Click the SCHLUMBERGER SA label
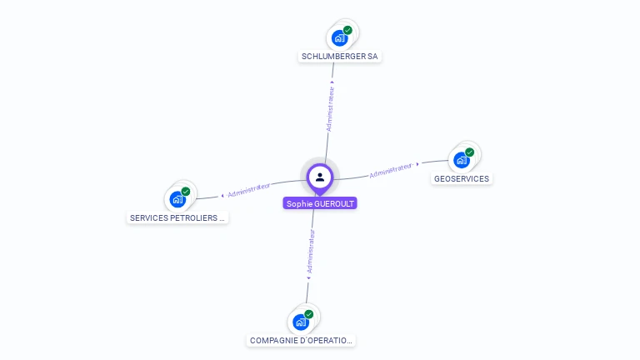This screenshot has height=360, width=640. click(x=339, y=57)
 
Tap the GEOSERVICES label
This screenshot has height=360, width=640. click(x=462, y=178)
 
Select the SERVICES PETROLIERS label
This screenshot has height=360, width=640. click(x=178, y=217)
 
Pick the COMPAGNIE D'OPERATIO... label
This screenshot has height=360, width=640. click(x=302, y=341)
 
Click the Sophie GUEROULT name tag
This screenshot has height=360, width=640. click(x=320, y=203)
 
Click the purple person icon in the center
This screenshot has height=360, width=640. click(x=320, y=177)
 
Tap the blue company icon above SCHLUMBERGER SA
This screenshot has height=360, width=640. click(x=338, y=37)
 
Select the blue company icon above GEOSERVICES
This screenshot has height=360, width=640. click(x=461, y=159)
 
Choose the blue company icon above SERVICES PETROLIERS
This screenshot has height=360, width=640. click(x=177, y=199)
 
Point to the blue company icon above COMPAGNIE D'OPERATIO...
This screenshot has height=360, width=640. click(x=300, y=322)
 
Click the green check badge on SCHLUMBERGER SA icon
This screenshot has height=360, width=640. click(x=347, y=30)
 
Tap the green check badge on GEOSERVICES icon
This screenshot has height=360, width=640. click(x=470, y=152)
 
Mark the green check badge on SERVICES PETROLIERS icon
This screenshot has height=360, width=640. click(x=186, y=192)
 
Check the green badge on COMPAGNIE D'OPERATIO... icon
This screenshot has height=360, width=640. click(x=309, y=314)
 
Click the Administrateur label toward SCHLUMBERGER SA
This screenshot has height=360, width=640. click(x=330, y=108)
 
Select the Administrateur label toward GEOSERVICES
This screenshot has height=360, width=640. click(x=391, y=170)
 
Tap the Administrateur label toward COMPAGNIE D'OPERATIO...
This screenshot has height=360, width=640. click(x=311, y=252)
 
